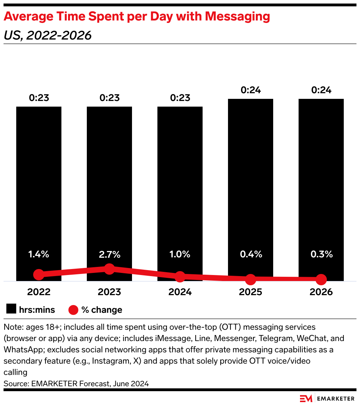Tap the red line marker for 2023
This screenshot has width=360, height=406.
click(109, 269)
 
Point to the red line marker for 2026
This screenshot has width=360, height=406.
click(321, 280)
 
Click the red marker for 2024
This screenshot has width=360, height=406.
click(180, 277)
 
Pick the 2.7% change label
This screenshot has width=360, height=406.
click(109, 254)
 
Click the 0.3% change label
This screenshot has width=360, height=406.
click(321, 254)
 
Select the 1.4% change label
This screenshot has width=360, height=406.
click(39, 254)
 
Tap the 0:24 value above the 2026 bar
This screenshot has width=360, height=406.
click(321, 90)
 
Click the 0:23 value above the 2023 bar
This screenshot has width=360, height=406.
click(109, 98)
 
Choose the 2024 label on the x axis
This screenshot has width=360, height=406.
click(180, 292)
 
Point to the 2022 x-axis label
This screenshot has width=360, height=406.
click(39, 292)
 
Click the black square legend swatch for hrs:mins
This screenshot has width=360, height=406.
click(11, 310)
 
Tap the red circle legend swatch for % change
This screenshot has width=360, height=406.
click(73, 310)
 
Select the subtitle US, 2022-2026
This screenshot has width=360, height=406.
click(48, 35)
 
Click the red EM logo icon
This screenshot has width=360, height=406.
click(306, 399)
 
